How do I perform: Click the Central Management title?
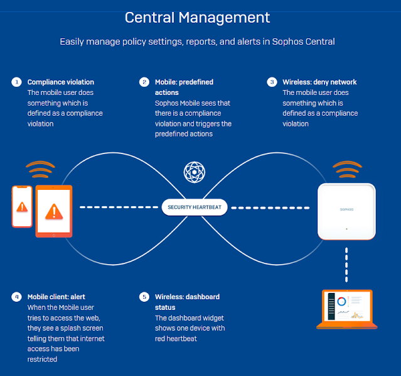tap(197, 18)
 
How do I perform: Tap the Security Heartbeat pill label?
tap(195, 207)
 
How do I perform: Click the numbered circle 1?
tap(16, 82)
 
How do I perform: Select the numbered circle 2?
tap(144, 82)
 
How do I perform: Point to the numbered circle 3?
tap(272, 82)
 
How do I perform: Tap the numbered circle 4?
tap(16, 297)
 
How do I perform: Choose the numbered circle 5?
tap(144, 297)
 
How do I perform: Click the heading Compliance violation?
tap(60, 82)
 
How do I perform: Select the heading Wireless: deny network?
tap(320, 82)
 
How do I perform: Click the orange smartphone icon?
tap(22, 206)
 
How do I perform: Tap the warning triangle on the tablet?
tap(53, 211)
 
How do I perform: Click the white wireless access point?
tap(346, 211)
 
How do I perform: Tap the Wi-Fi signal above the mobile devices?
tap(40, 170)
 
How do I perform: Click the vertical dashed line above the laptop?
tap(346, 264)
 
